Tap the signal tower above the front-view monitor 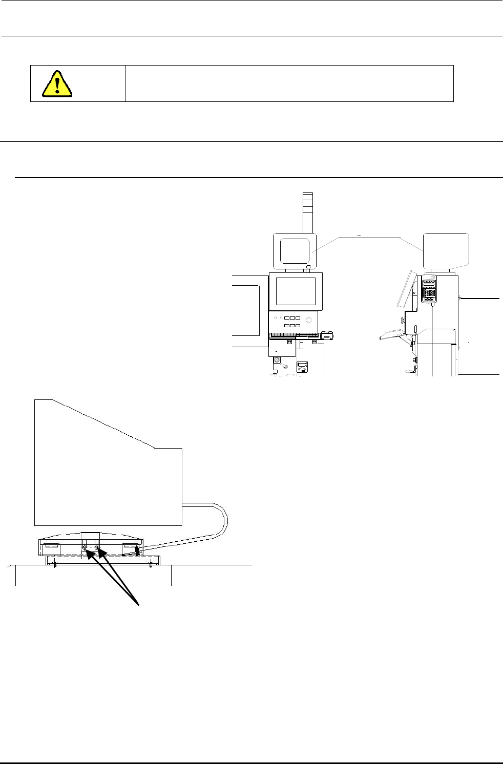pyautogui.click(x=307, y=211)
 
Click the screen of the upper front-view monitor pyautogui.click(x=294, y=251)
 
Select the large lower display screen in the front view pyautogui.click(x=296, y=291)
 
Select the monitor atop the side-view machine pyautogui.click(x=446, y=250)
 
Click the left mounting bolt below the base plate pyautogui.click(x=53, y=565)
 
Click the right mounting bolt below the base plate pyautogui.click(x=150, y=565)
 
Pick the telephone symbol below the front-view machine pyautogui.click(x=303, y=367)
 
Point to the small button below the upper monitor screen pyautogui.click(x=308, y=267)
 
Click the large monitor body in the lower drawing pyautogui.click(x=108, y=471)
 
